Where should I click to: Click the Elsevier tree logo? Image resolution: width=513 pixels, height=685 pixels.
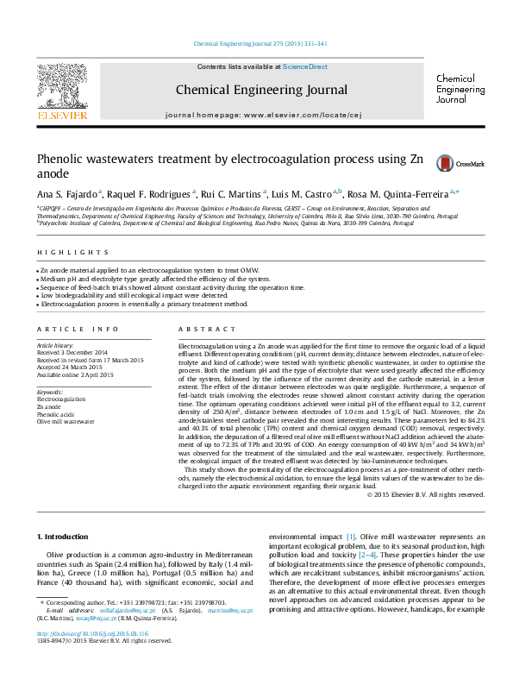click(61, 91)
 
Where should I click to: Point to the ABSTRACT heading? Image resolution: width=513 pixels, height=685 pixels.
click(197, 330)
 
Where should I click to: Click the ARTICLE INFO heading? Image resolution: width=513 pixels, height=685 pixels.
click(78, 330)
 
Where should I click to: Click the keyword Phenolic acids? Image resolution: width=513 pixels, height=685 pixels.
click(56, 414)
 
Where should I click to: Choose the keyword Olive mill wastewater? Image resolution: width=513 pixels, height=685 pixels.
click(66, 422)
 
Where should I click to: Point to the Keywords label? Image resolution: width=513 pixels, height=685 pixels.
click(51, 393)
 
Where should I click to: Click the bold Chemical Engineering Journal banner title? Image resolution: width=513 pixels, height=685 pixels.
click(261, 90)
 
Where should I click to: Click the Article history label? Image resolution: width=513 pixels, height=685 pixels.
click(56, 344)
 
